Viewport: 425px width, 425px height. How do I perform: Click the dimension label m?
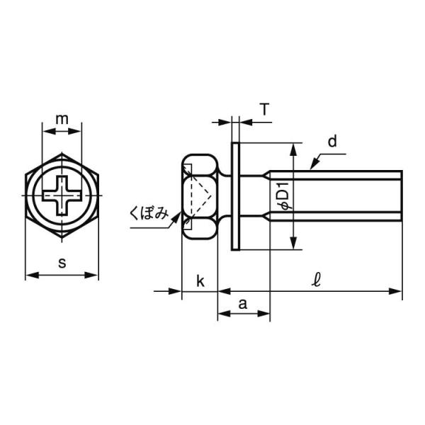(x=62, y=119)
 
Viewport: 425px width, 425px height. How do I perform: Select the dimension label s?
(x=62, y=263)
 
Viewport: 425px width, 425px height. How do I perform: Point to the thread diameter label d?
(x=332, y=141)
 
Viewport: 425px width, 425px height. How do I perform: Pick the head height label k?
(x=200, y=281)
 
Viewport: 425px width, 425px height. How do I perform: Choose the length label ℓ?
(x=316, y=280)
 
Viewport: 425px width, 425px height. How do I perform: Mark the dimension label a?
(x=243, y=304)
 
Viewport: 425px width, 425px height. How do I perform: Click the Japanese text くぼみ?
(x=149, y=214)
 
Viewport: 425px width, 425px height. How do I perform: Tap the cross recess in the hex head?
(x=62, y=195)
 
